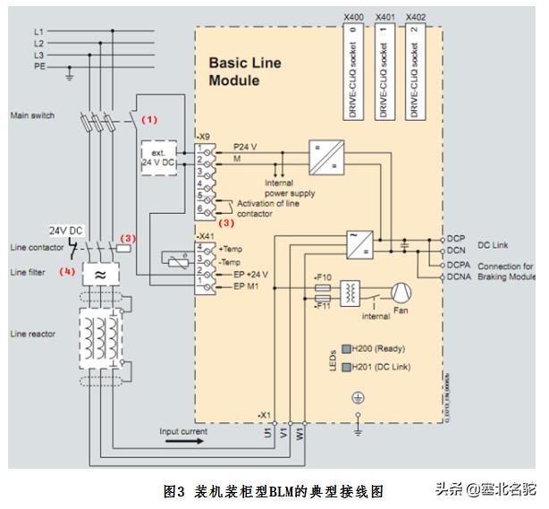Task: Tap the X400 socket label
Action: [x=355, y=17]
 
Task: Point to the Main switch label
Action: [x=32, y=115]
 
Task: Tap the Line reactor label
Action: [x=32, y=334]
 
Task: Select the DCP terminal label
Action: [x=456, y=239]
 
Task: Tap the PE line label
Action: [x=38, y=66]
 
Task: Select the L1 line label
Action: [x=38, y=31]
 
